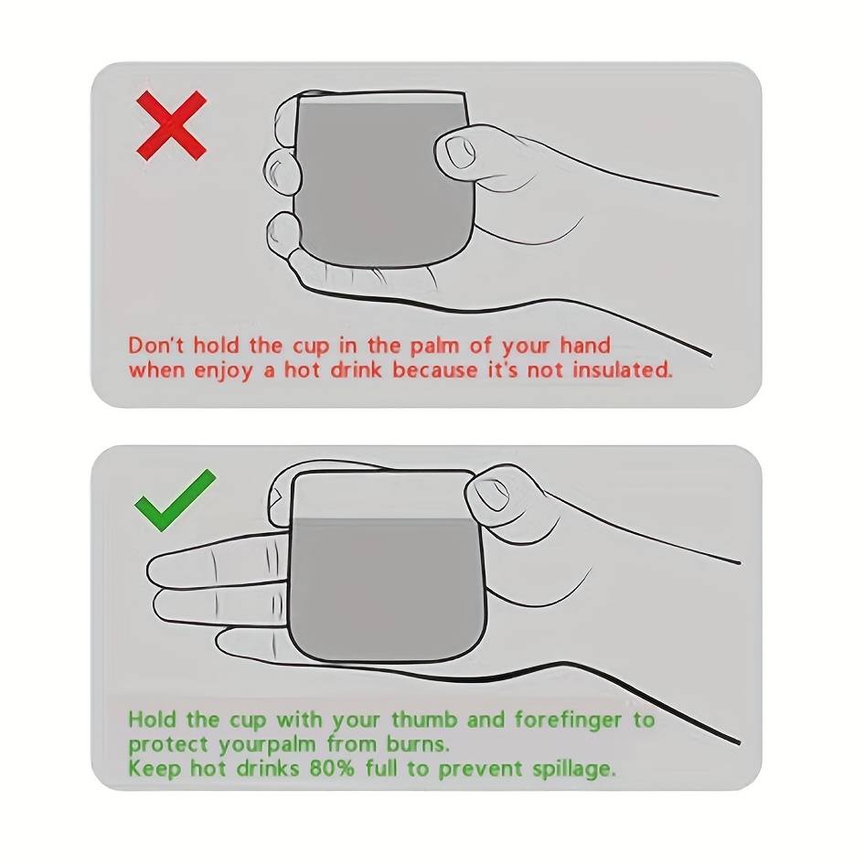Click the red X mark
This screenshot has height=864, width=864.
tap(171, 126)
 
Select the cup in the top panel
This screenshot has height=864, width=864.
tap(382, 177)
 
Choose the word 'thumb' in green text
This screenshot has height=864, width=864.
tap(424, 720)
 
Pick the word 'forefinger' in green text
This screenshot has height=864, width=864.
tap(568, 720)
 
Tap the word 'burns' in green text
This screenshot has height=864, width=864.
tap(418, 744)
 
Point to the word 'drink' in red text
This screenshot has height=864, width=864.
tap(356, 369)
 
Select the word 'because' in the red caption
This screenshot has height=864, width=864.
tap(435, 369)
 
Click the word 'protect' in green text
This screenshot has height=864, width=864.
tap(168, 745)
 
